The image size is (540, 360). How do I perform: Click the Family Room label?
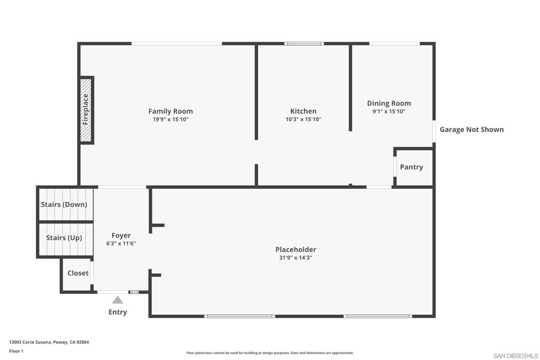click(170, 111)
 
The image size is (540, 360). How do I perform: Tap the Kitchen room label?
click(303, 111)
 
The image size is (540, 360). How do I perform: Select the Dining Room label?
click(389, 103)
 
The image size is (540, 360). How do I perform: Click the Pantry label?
click(411, 167)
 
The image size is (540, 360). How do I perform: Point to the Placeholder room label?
click(295, 249)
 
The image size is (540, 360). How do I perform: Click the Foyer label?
click(121, 236)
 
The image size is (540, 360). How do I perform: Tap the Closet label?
click(78, 273)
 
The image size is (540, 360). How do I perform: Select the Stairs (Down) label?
click(64, 205)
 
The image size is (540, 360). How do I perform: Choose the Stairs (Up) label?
click(64, 238)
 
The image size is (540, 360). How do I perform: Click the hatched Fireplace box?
click(86, 110)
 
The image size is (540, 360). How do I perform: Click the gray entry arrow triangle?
click(118, 300)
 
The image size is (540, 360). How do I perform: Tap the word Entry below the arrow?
click(118, 312)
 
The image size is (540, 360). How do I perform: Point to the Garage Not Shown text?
click(471, 129)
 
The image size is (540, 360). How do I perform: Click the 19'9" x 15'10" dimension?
click(170, 120)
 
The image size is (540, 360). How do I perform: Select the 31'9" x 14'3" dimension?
click(295, 258)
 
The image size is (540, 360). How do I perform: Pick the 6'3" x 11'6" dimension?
click(121, 244)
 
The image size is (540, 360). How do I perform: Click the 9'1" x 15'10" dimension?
click(389, 112)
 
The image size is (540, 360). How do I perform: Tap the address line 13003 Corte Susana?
click(49, 342)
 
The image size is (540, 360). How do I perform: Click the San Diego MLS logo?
click(515, 356)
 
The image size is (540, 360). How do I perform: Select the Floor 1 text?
click(16, 351)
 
